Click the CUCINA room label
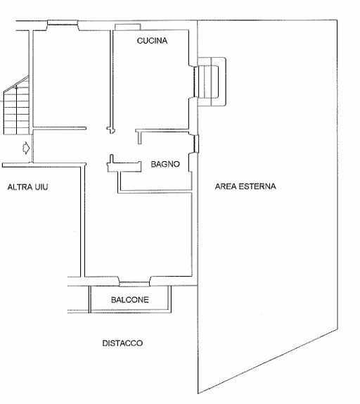pyautogui.click(x=152, y=40)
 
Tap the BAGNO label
pyautogui.click(x=165, y=164)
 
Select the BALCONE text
pyautogui.click(x=130, y=300)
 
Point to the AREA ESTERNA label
pyautogui.click(x=245, y=187)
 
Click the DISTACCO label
pyautogui.click(x=122, y=343)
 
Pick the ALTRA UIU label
pyautogui.click(x=28, y=187)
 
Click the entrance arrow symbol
pyautogui.click(x=26, y=148)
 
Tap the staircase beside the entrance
pyautogui.click(x=16, y=106)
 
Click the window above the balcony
pyautogui.click(x=134, y=284)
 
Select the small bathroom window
pyautogui.click(x=196, y=144)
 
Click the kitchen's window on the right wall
pyautogui.click(x=196, y=82)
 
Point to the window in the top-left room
pyautogui.click(x=63, y=23)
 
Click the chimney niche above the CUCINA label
pyautogui.click(x=128, y=27)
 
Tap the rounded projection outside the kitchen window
pyautogui.click(x=212, y=82)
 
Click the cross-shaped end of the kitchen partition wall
pyautogui.click(x=111, y=130)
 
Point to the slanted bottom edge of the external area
pyautogui.click(x=268, y=361)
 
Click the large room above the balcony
pyautogui.click(x=138, y=234)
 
